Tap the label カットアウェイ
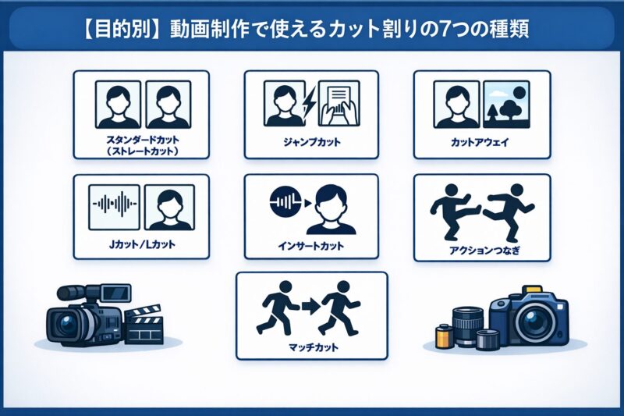click(x=481, y=144)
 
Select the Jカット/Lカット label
click(x=141, y=244)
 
